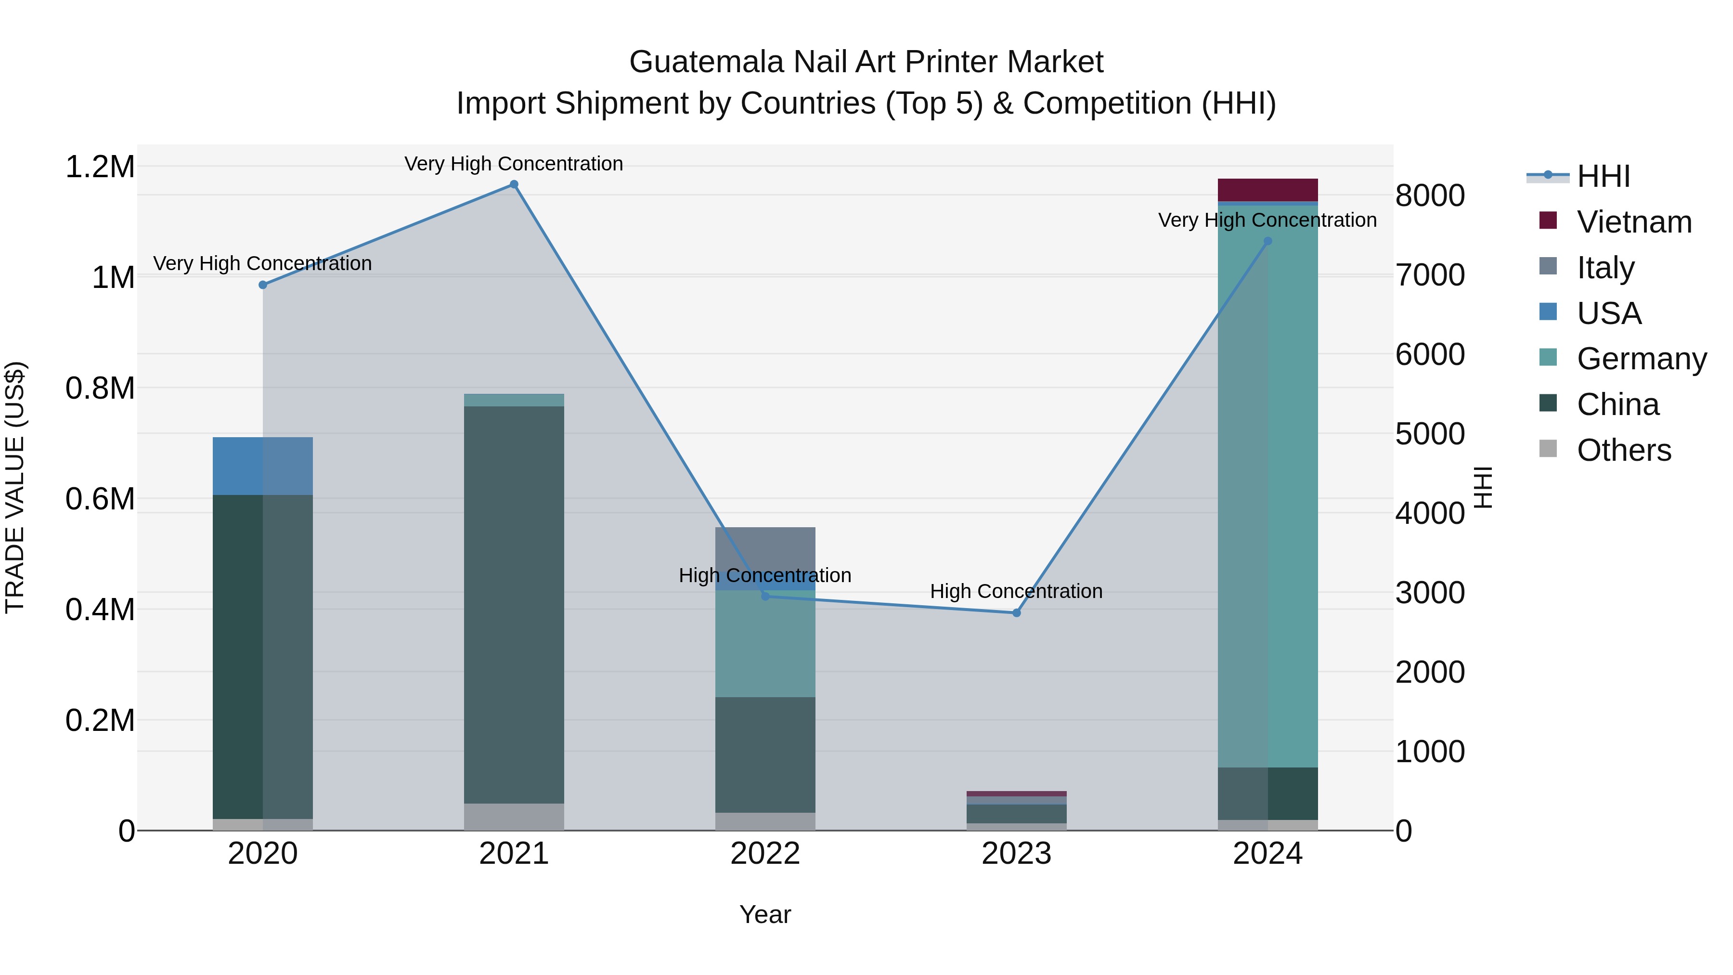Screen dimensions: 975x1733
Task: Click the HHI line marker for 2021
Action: click(514, 184)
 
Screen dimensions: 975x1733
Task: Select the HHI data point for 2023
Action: click(1017, 613)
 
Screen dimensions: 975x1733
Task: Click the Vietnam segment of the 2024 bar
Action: click(1267, 190)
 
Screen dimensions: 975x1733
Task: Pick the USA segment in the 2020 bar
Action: click(263, 466)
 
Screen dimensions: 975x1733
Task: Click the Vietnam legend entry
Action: click(1633, 222)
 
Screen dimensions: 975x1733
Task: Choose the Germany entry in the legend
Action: click(1641, 359)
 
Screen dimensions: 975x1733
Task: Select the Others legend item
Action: click(1623, 450)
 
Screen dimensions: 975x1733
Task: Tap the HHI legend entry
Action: click(1603, 176)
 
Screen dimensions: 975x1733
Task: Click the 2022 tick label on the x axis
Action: click(765, 854)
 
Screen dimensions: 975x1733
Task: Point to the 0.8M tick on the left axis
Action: click(100, 388)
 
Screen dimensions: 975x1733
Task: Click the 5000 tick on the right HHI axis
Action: click(1430, 434)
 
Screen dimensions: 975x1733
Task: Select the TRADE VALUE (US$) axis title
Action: click(15, 487)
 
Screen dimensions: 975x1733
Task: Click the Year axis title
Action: click(765, 914)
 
